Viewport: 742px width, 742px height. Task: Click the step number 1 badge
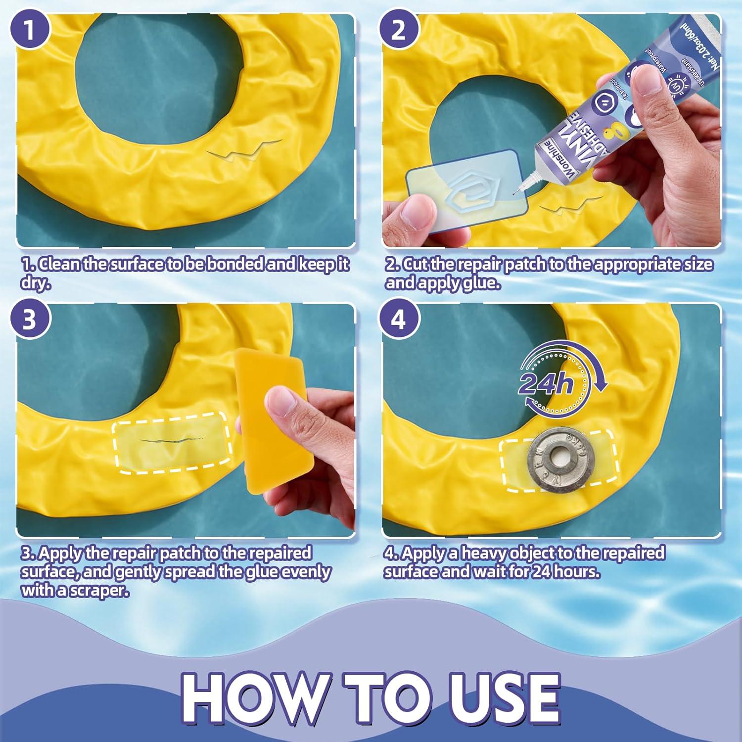(x=30, y=29)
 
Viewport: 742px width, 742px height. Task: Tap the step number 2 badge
(x=399, y=29)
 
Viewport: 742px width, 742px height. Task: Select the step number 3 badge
(x=30, y=319)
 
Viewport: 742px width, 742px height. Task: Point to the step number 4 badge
(x=399, y=319)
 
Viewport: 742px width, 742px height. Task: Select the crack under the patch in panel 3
(x=171, y=440)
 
